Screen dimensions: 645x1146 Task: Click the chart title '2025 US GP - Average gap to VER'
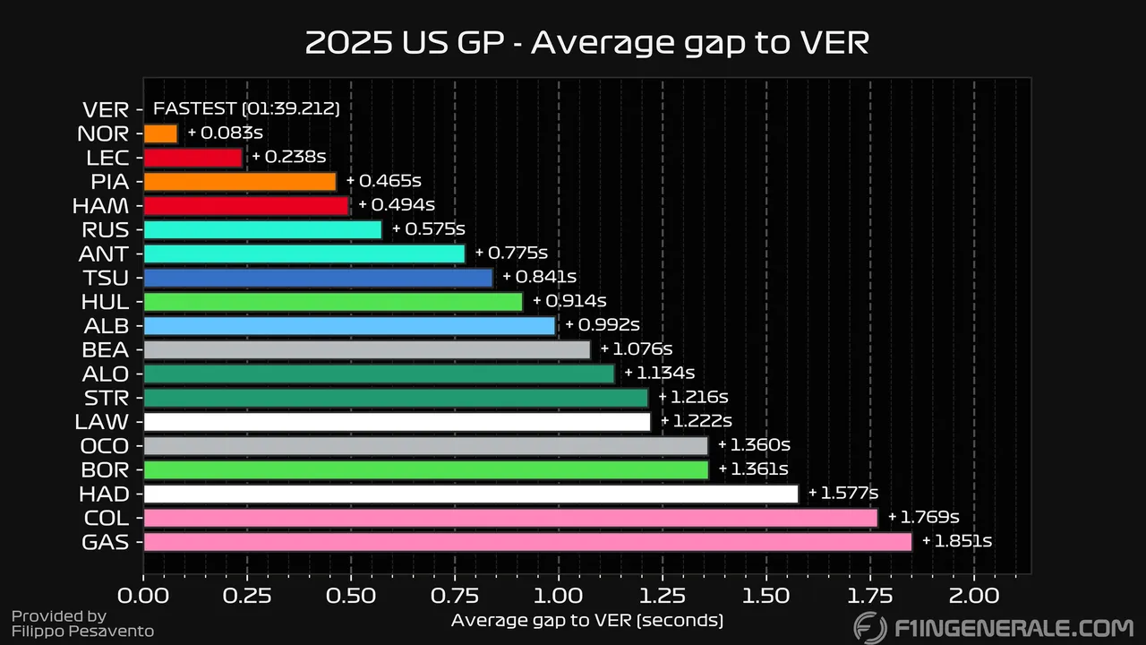[586, 42]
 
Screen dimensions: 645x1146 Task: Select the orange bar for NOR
[160, 133]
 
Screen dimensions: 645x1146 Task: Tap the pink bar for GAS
[527, 542]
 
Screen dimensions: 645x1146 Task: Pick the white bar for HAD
[470, 494]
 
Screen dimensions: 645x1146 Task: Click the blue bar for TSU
[318, 278]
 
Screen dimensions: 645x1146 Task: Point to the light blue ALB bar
[349, 326]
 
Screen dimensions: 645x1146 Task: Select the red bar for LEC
[192, 158]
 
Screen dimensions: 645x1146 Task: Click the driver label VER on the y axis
[106, 110]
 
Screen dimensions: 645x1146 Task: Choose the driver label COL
[106, 518]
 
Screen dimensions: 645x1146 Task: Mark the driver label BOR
[106, 469]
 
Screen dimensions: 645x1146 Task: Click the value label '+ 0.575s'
[428, 229]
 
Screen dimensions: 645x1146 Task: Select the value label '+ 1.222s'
[696, 421]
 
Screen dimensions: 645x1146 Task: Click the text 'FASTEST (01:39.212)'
[246, 109]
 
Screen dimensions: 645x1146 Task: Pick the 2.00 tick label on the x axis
[973, 595]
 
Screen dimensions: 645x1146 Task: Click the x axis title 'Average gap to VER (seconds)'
[586, 620]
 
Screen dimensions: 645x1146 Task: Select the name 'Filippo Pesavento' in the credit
[82, 632]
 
